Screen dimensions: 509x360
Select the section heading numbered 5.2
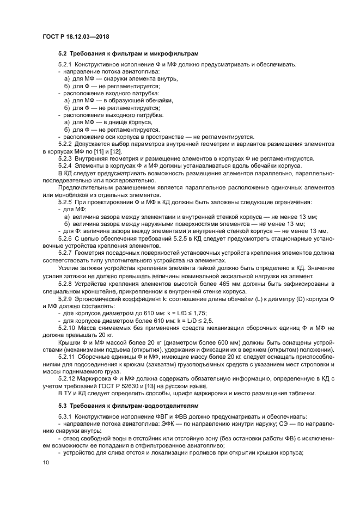[127, 53]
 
